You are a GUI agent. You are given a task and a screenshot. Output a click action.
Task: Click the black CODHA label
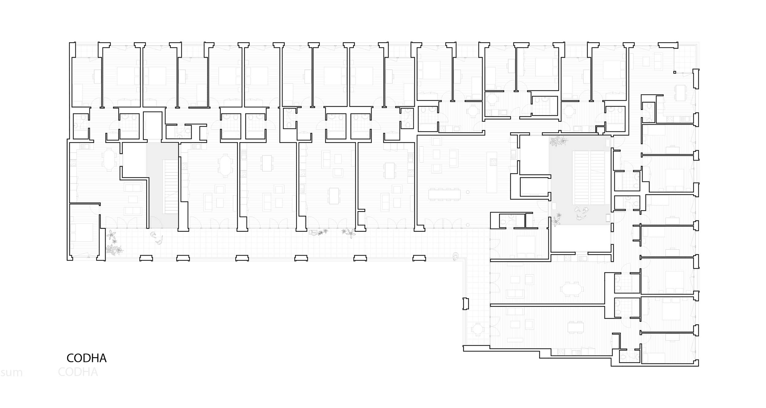click(x=86, y=358)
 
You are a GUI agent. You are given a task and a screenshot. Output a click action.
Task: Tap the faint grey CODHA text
click(x=78, y=372)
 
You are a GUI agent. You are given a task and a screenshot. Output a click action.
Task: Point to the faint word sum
click(x=11, y=373)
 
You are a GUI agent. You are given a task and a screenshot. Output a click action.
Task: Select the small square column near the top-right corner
click(x=674, y=72)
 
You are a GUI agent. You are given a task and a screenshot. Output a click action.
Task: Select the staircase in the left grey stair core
click(x=171, y=187)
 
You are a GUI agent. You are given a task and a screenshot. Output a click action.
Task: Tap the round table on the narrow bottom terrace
click(x=477, y=329)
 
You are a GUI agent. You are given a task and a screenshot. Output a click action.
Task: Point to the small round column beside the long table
click(x=468, y=192)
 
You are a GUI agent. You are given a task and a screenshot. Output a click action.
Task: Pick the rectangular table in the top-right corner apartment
click(x=681, y=93)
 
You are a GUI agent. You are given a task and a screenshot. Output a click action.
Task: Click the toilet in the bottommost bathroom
click(x=637, y=357)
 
